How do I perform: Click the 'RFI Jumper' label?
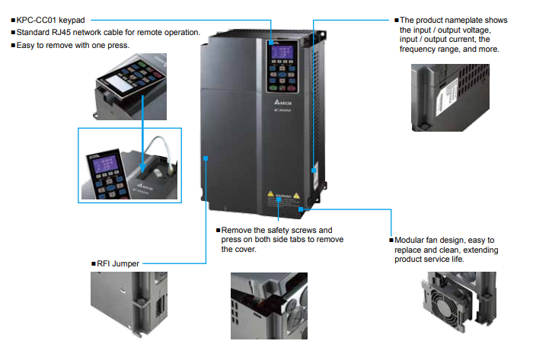[x=118, y=263]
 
